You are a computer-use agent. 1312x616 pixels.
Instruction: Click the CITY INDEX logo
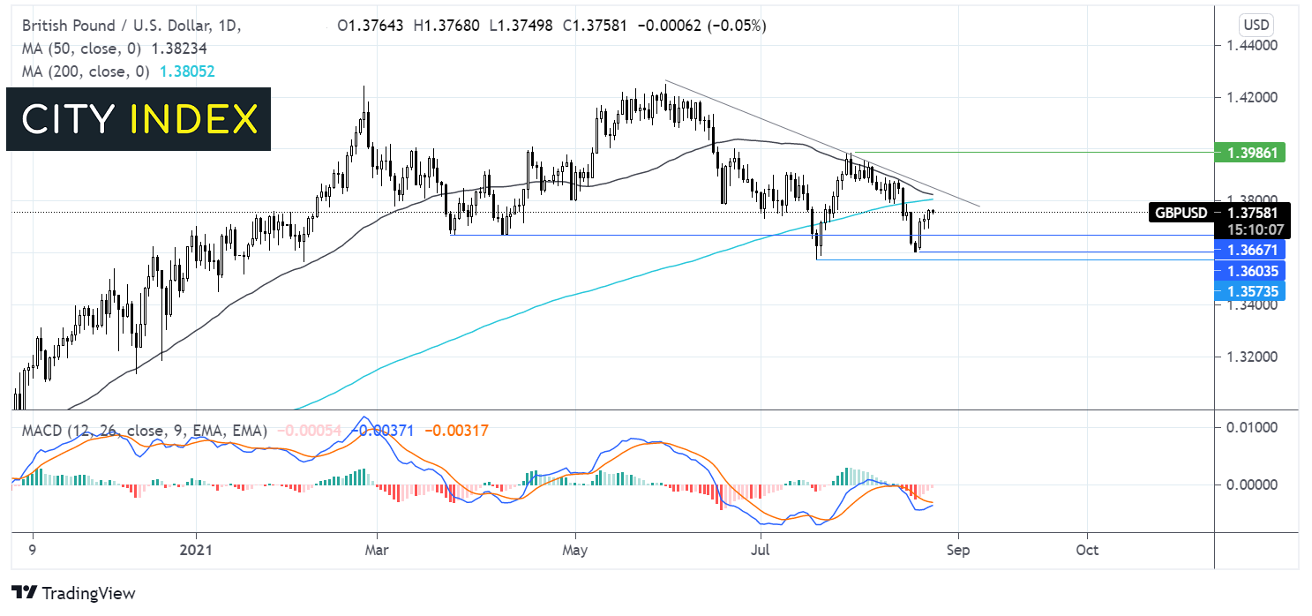(x=139, y=119)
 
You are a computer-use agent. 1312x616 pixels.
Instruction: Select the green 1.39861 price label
(x=1249, y=154)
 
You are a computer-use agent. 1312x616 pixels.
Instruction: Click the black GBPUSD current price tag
(x=1219, y=212)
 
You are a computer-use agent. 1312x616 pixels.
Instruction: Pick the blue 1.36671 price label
(x=1249, y=251)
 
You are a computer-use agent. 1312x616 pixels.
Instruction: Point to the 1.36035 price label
(x=1249, y=270)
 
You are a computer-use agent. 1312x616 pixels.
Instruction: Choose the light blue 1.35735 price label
(x=1249, y=290)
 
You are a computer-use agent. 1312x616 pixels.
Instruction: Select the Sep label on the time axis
(x=958, y=550)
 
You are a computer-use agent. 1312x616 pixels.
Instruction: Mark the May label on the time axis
(x=575, y=550)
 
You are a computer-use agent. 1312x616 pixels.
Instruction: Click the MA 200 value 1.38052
(x=186, y=70)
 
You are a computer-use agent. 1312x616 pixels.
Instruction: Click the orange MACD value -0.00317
(x=456, y=431)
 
